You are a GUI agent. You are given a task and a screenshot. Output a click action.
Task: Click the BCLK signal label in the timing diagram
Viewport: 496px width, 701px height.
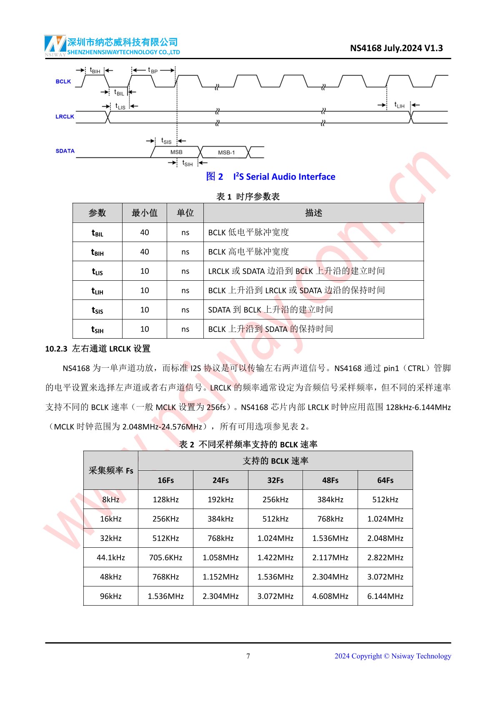(x=63, y=82)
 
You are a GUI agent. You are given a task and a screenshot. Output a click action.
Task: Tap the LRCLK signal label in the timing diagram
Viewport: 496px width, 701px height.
(x=65, y=117)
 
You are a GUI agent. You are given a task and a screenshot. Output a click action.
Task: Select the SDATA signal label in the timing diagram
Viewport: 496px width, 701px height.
(x=65, y=151)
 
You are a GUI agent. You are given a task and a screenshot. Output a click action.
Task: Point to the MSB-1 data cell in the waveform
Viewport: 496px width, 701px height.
(x=226, y=152)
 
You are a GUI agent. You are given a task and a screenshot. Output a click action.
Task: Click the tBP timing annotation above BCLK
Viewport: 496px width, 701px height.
(x=153, y=70)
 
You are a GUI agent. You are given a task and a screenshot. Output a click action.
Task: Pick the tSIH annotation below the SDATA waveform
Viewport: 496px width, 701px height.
(x=188, y=163)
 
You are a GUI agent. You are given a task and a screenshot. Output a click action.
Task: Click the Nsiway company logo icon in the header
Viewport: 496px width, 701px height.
(x=55, y=45)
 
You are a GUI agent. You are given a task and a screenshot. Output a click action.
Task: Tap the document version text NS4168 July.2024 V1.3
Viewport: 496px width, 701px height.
(x=396, y=48)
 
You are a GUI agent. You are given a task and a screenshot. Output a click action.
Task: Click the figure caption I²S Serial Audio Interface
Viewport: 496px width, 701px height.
(x=284, y=177)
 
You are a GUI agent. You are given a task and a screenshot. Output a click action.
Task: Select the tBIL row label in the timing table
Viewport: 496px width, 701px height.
(x=98, y=232)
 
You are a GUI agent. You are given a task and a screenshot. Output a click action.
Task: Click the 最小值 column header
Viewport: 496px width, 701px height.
(x=144, y=213)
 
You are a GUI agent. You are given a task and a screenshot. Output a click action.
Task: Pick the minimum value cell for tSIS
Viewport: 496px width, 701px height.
(x=144, y=310)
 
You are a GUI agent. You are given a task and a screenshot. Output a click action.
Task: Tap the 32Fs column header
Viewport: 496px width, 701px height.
(x=276, y=480)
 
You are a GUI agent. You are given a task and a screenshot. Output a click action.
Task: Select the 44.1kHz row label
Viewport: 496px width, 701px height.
(x=111, y=557)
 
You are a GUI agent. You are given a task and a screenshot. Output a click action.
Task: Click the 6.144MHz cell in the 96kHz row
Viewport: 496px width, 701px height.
(x=385, y=596)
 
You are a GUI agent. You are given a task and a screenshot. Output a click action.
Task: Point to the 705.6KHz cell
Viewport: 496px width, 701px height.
(x=165, y=557)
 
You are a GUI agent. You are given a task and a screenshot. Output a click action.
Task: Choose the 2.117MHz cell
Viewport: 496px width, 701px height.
(x=330, y=557)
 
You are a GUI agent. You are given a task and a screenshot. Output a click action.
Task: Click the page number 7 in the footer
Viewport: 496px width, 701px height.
(x=248, y=656)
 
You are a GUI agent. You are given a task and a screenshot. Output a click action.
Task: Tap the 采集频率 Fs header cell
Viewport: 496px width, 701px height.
(x=111, y=470)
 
